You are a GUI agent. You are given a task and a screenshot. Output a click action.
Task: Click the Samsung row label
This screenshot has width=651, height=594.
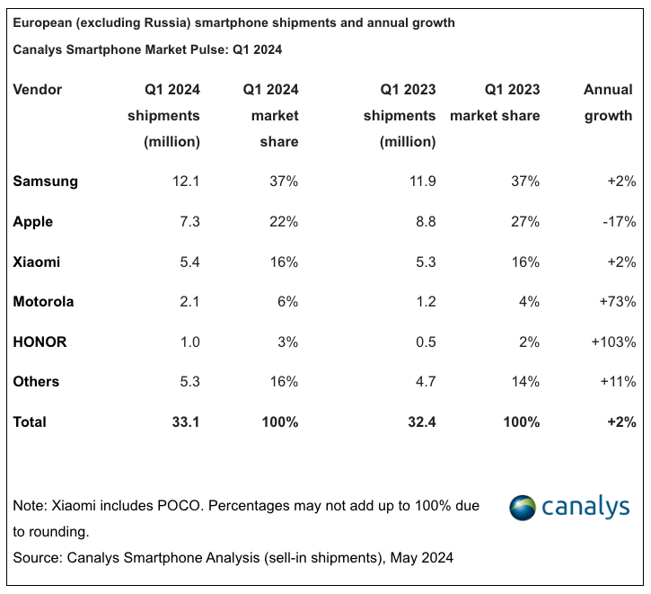(45, 181)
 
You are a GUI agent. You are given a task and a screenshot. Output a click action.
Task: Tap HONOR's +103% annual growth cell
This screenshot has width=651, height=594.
(614, 341)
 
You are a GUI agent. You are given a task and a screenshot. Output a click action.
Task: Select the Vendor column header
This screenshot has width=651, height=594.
(38, 89)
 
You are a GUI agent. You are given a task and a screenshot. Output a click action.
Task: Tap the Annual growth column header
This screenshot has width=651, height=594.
(608, 102)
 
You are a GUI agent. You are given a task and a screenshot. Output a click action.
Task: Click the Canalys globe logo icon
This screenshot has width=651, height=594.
(524, 508)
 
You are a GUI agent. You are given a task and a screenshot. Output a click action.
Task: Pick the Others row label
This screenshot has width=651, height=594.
(36, 381)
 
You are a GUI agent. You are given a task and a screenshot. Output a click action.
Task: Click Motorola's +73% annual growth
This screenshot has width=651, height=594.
(617, 301)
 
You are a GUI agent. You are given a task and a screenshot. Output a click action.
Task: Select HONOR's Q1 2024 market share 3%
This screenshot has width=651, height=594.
(287, 341)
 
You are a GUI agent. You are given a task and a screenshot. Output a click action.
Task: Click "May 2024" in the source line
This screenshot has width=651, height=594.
(423, 558)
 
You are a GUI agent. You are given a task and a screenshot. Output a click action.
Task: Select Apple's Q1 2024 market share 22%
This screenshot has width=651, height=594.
(284, 221)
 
